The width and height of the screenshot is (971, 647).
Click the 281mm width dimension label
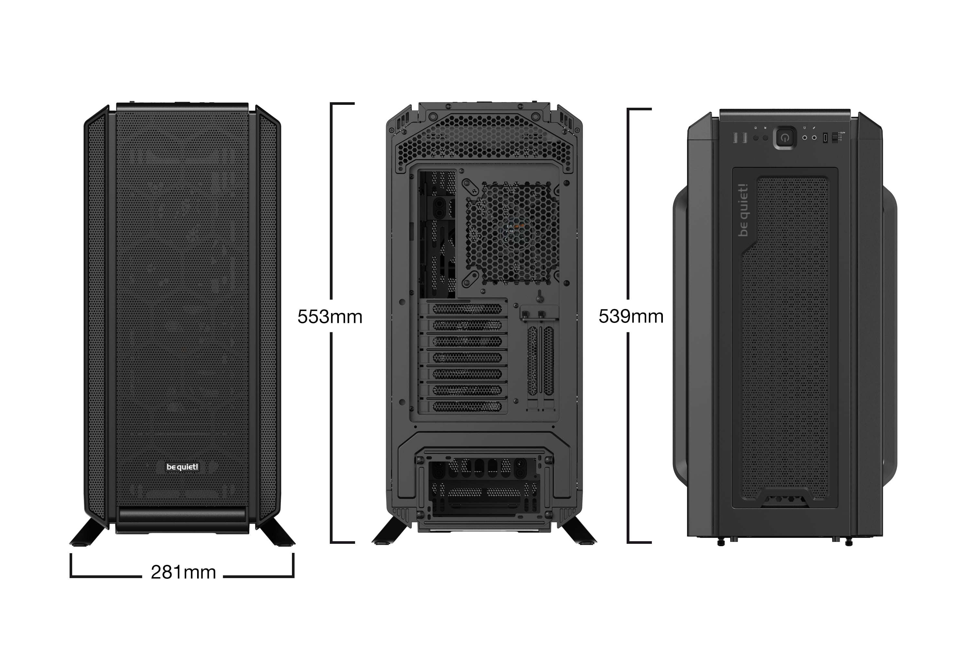(x=183, y=572)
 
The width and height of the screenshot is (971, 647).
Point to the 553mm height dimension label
(x=330, y=316)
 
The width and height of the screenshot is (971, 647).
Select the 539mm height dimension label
(x=631, y=316)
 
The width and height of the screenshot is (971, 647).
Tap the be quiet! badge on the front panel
(x=182, y=467)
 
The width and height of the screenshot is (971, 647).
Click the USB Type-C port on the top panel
(x=825, y=138)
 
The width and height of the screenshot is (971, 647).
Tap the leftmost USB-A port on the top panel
(x=736, y=138)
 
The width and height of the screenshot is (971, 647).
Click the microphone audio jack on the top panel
(x=814, y=138)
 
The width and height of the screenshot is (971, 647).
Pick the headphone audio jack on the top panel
(x=805, y=138)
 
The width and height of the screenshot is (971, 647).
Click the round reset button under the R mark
(x=765, y=138)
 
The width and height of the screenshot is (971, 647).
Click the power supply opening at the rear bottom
(x=483, y=487)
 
